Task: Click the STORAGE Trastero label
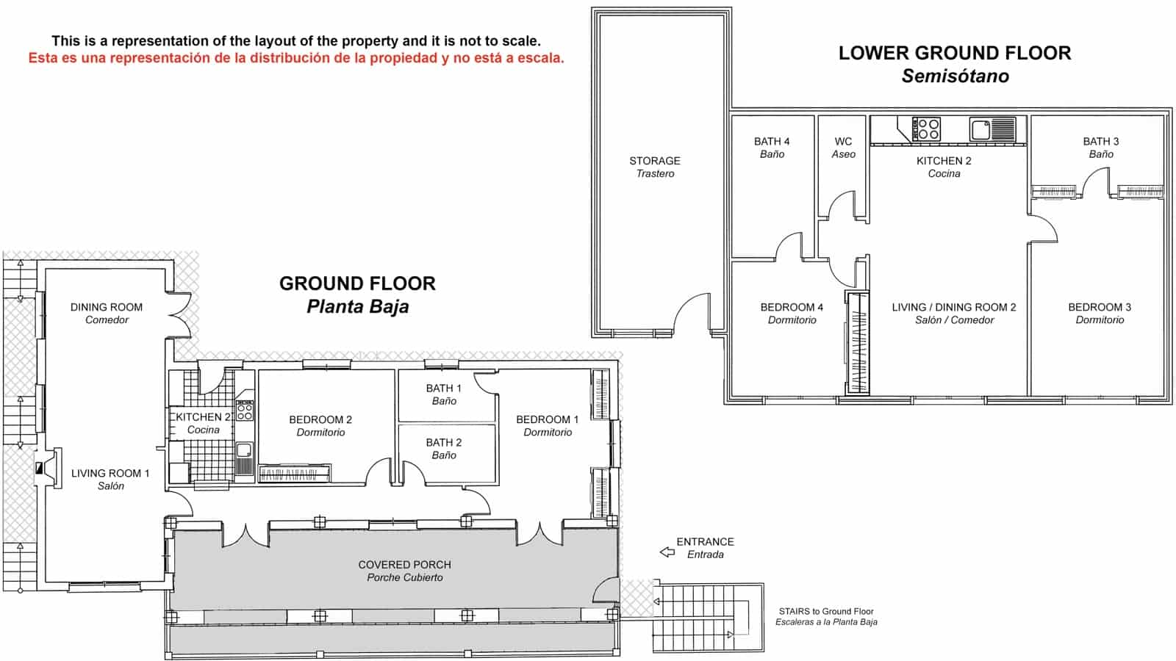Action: click(x=655, y=167)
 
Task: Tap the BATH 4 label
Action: click(x=772, y=148)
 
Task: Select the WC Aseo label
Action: click(x=843, y=148)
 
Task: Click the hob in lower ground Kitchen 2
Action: click(x=926, y=129)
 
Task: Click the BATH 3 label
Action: click(x=1101, y=148)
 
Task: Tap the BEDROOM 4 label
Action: click(x=792, y=313)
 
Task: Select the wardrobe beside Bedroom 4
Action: click(x=858, y=343)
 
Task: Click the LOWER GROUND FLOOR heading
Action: click(x=955, y=64)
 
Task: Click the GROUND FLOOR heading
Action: click(x=357, y=295)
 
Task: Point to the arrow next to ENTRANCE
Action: click(x=667, y=552)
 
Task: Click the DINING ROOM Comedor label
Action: click(x=107, y=313)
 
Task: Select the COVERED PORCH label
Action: click(x=405, y=571)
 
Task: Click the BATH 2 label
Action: click(x=444, y=449)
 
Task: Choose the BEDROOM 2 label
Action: click(x=320, y=425)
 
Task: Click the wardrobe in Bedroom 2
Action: click(x=295, y=474)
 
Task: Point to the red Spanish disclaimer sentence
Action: click(x=296, y=58)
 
